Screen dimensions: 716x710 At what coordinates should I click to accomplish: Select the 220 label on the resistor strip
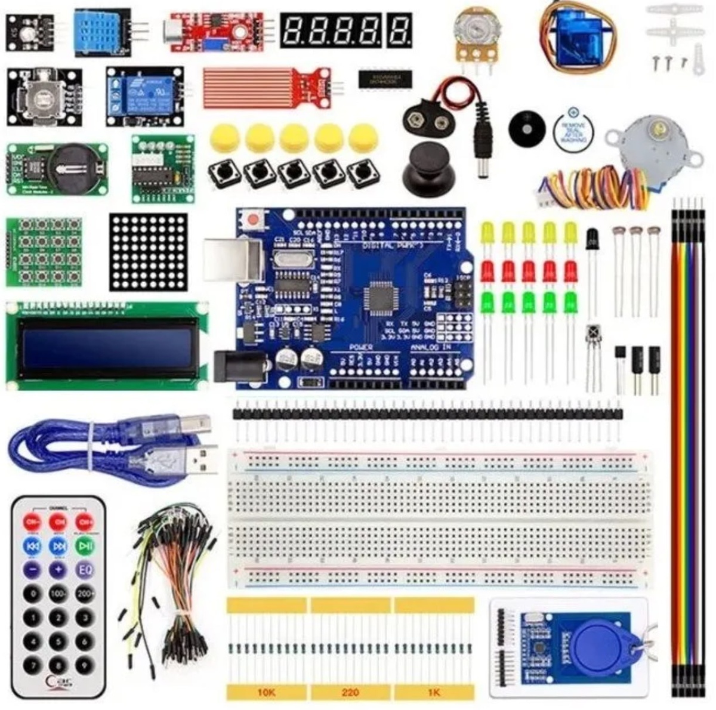[350, 693]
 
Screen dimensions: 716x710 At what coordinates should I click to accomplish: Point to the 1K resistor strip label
[434, 693]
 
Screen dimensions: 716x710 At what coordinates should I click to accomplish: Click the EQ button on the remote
[85, 569]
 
